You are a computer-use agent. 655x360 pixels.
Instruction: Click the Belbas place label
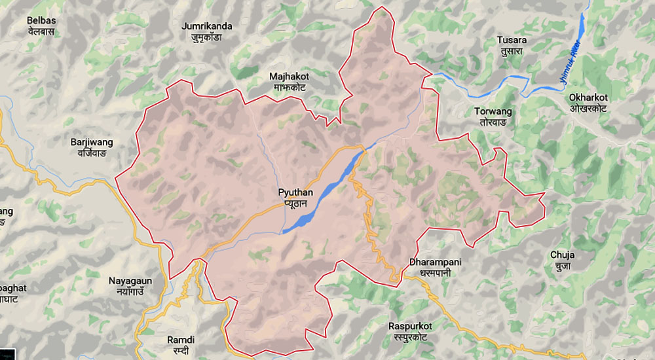tap(41, 21)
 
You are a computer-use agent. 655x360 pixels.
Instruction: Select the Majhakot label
tap(289, 76)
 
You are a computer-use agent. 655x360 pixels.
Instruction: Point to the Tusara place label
tap(512, 40)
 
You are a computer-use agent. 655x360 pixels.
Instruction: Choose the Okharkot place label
tap(588, 97)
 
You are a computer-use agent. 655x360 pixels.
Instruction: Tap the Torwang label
tap(493, 111)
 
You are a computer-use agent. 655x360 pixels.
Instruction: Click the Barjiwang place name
tap(92, 142)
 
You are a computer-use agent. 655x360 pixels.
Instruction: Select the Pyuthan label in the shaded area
tap(295, 192)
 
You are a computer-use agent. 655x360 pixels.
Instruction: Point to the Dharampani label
tap(435, 262)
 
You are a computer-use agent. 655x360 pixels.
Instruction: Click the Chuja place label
tap(561, 255)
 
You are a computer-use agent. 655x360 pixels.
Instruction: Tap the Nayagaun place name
tap(130, 281)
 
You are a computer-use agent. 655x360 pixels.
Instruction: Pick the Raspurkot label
tap(410, 325)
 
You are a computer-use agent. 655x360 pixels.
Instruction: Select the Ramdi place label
tap(181, 340)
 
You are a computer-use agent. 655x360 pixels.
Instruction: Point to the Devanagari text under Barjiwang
tap(92, 153)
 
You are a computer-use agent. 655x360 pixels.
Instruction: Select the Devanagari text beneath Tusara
tap(512, 51)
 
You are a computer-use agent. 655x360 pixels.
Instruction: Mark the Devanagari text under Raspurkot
tap(410, 336)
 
